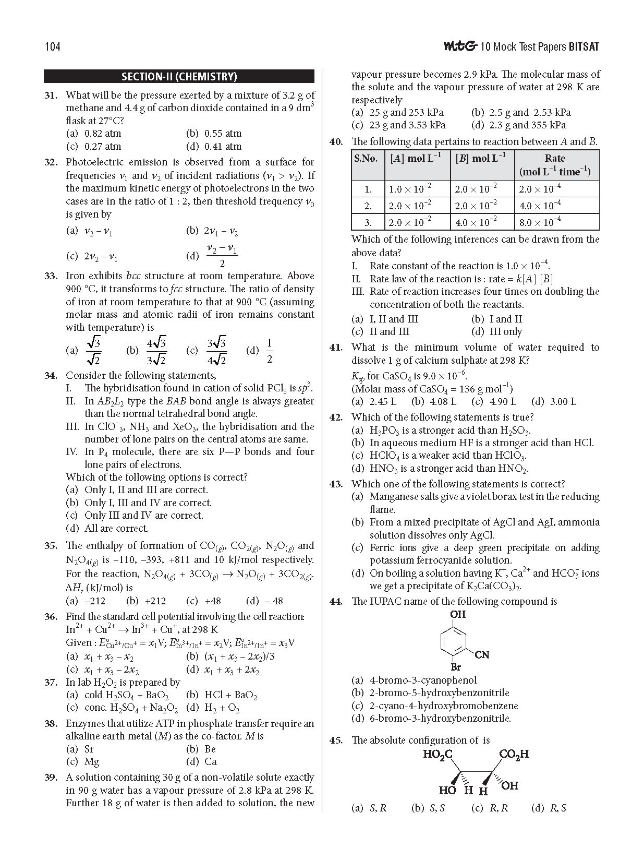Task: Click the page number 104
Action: (52, 47)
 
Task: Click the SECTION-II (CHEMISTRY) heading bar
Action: (179, 77)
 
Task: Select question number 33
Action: (51, 276)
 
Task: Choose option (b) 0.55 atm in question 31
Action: (214, 134)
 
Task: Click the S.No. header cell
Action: (366, 159)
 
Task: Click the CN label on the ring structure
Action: (482, 654)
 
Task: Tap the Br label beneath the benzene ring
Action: (456, 667)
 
